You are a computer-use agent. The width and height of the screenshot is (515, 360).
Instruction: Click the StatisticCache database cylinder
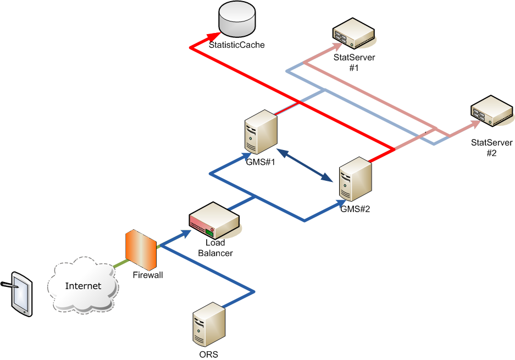coord(237,18)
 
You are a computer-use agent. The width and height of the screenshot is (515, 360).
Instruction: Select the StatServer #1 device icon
coord(354,34)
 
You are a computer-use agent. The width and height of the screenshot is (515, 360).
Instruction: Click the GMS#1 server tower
coord(261,132)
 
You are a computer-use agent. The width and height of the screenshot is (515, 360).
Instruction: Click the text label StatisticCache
coord(237,45)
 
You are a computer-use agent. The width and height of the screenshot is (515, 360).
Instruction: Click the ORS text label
coord(209,355)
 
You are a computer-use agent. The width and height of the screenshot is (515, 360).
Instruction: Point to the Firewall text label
coord(148,275)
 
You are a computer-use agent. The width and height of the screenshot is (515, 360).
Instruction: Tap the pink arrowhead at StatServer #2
coord(472,125)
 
